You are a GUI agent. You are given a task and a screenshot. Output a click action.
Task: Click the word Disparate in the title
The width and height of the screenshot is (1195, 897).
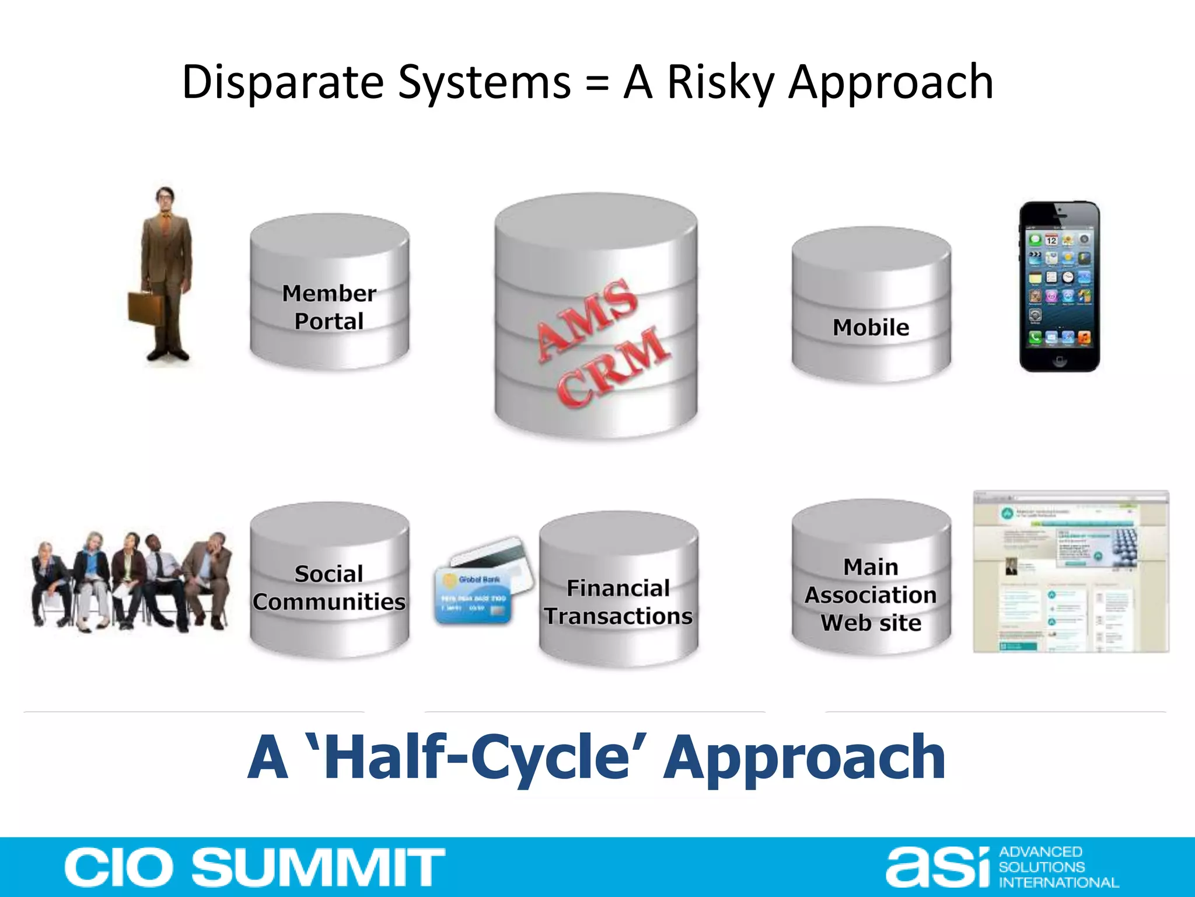tap(282, 83)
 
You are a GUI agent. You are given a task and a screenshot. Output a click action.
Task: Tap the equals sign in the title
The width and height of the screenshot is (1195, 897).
tap(596, 83)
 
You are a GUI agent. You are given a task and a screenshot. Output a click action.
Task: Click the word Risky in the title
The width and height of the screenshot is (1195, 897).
tap(720, 83)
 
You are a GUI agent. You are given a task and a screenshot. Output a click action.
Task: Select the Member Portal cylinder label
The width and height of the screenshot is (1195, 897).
tap(329, 307)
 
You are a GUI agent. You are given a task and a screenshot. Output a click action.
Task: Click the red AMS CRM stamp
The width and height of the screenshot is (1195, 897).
tap(601, 342)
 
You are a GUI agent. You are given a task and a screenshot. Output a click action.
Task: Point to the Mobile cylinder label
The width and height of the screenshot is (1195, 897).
tap(871, 328)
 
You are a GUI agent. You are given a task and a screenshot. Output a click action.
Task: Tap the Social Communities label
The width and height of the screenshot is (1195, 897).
tap(329, 588)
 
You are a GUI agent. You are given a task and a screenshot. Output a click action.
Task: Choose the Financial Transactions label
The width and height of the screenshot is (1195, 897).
tap(619, 602)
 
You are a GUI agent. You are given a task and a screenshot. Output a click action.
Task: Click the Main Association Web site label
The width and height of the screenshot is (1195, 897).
tap(871, 595)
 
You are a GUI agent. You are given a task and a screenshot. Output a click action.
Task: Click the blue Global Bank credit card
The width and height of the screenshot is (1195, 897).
tap(474, 596)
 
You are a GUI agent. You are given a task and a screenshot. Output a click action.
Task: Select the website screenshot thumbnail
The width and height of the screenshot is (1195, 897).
tap(1071, 572)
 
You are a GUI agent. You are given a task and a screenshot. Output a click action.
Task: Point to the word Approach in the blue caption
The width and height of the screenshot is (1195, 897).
tap(805, 757)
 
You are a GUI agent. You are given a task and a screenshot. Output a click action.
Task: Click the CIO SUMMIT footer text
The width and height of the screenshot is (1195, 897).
tap(255, 867)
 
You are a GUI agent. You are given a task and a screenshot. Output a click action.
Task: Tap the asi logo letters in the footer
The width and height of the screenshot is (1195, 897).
tap(937, 867)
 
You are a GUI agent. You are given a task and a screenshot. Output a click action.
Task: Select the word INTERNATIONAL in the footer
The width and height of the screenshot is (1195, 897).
tap(1058, 882)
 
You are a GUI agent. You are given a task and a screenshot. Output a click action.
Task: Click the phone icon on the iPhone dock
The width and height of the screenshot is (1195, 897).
tap(1035, 337)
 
